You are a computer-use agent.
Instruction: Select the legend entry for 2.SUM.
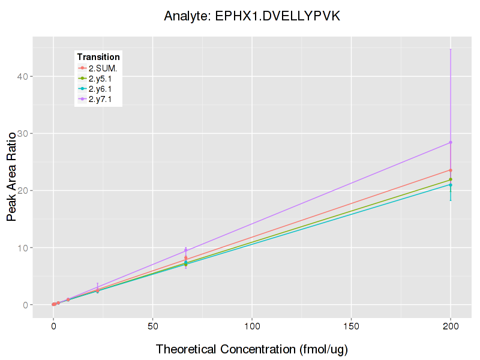pyautogui.click(x=103, y=68)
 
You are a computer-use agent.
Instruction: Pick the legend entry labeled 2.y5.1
pyautogui.click(x=100, y=79)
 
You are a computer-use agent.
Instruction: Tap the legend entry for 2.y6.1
pyautogui.click(x=100, y=89)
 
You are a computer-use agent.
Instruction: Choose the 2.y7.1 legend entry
pyautogui.click(x=100, y=100)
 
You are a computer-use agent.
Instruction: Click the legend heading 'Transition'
pyautogui.click(x=98, y=57)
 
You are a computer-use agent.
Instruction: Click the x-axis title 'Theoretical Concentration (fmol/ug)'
pyautogui.click(x=252, y=349)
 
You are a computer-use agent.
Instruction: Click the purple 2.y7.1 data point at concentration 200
pyautogui.click(x=451, y=142)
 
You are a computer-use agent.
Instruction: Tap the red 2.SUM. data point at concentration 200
pyautogui.click(x=451, y=170)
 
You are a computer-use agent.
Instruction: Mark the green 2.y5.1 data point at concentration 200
pyautogui.click(x=451, y=179)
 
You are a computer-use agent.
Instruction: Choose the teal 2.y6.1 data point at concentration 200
pyautogui.click(x=451, y=185)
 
